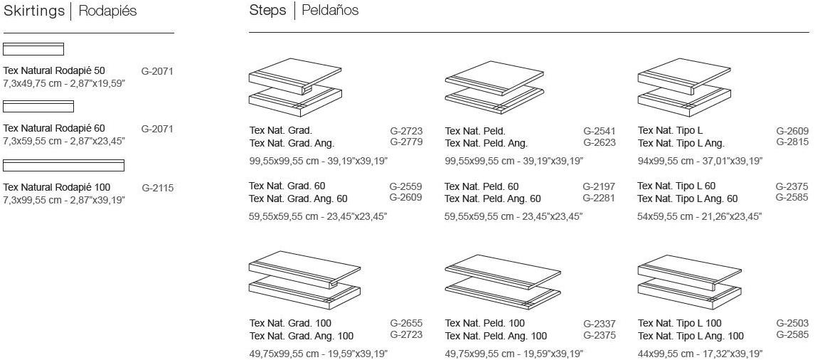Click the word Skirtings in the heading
click(34, 11)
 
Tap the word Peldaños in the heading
click(330, 10)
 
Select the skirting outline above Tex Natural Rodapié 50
click(33, 49)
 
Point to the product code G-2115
click(157, 188)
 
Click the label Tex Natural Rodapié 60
click(54, 128)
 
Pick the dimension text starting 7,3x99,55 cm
click(65, 200)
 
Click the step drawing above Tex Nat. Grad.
click(297, 85)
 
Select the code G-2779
click(406, 142)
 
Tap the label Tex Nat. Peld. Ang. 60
click(493, 198)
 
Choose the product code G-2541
click(600, 132)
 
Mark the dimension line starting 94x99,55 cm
click(700, 162)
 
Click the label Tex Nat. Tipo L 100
click(680, 324)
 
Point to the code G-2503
click(793, 322)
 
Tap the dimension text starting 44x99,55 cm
click(700, 353)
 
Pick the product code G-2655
click(406, 322)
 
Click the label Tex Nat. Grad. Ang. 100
click(302, 336)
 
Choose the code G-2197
click(599, 186)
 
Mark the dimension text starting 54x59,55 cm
click(700, 216)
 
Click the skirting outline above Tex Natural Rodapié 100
click(64, 166)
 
